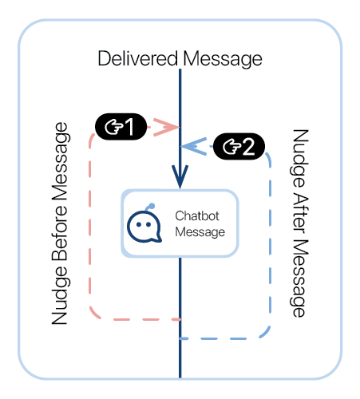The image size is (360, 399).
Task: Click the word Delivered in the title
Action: click(137, 58)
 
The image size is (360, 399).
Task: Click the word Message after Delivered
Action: click(223, 59)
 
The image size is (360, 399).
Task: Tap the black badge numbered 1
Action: click(121, 127)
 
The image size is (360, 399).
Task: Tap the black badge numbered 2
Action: click(239, 147)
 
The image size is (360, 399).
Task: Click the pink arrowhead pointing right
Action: click(166, 127)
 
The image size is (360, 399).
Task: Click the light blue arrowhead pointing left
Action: click(194, 147)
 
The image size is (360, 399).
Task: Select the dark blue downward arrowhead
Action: click(180, 176)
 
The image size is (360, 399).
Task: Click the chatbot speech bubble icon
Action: click(144, 224)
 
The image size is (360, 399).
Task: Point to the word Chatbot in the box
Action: click(197, 215)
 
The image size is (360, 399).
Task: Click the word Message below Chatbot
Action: click(200, 232)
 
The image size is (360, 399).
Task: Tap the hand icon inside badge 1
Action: click(114, 127)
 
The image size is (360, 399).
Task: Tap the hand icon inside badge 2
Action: click(232, 147)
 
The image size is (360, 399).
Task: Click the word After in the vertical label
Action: click(301, 215)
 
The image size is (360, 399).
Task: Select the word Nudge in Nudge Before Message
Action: click(60, 294)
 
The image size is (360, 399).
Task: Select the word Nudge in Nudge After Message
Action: click(299, 159)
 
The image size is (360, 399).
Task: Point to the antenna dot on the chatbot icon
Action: click(152, 206)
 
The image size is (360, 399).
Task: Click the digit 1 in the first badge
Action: click(130, 127)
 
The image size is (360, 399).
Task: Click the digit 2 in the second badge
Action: click(249, 147)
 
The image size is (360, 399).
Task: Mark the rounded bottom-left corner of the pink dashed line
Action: click(94, 314)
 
